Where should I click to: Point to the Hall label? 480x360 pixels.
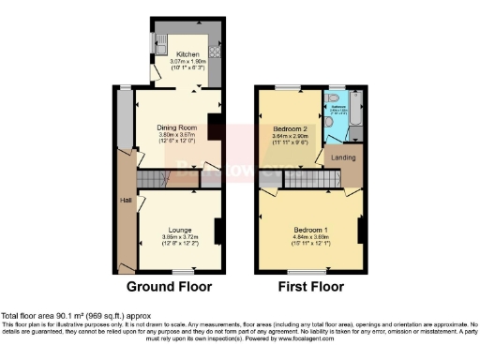tap(124, 201)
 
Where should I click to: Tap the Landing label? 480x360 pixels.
tap(344, 158)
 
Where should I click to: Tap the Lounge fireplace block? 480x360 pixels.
tap(217, 231)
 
